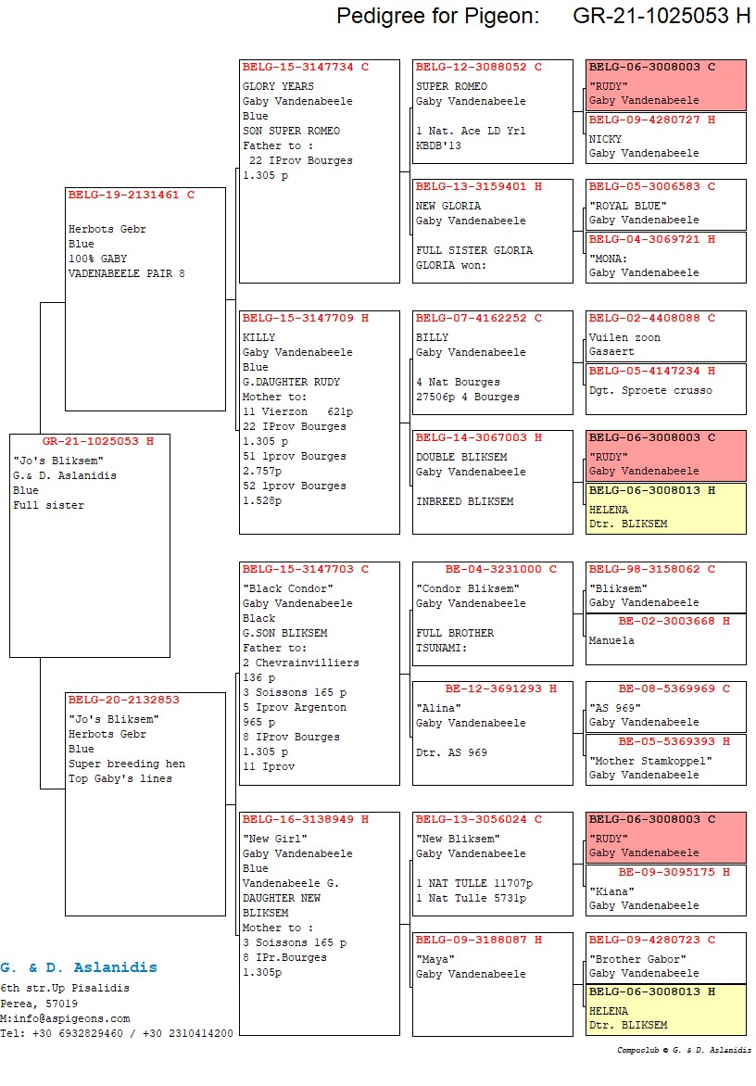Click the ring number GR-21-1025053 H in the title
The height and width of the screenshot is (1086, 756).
click(661, 16)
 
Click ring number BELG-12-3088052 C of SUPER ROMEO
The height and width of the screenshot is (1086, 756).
click(478, 67)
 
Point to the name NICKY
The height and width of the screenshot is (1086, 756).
click(606, 138)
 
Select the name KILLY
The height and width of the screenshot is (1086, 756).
click(258, 337)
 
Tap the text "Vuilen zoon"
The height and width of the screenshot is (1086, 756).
click(624, 337)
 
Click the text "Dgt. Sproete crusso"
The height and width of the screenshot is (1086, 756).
click(650, 390)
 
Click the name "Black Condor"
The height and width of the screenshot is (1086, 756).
click(287, 588)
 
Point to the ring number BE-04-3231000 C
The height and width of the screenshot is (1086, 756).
click(500, 569)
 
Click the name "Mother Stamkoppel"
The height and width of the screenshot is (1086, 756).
click(650, 761)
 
